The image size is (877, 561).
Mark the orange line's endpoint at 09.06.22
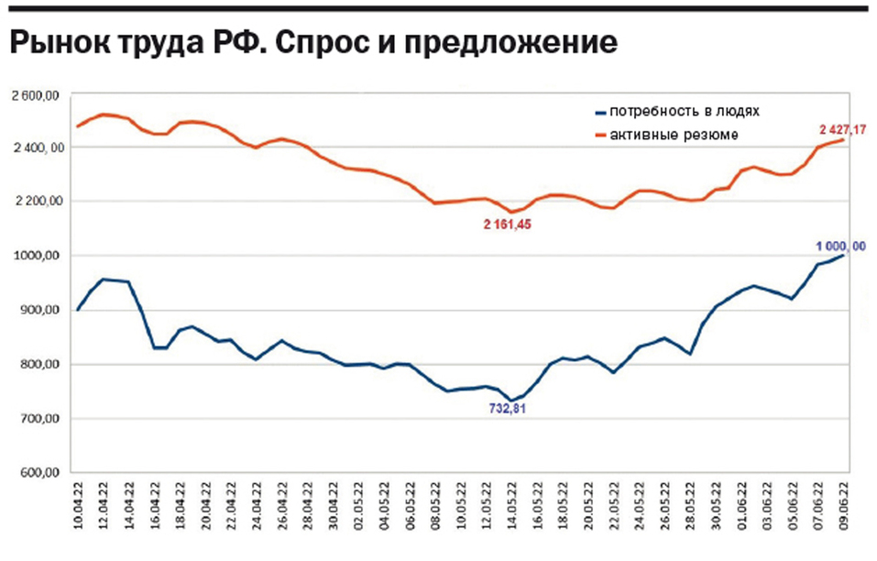tap(843, 139)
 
